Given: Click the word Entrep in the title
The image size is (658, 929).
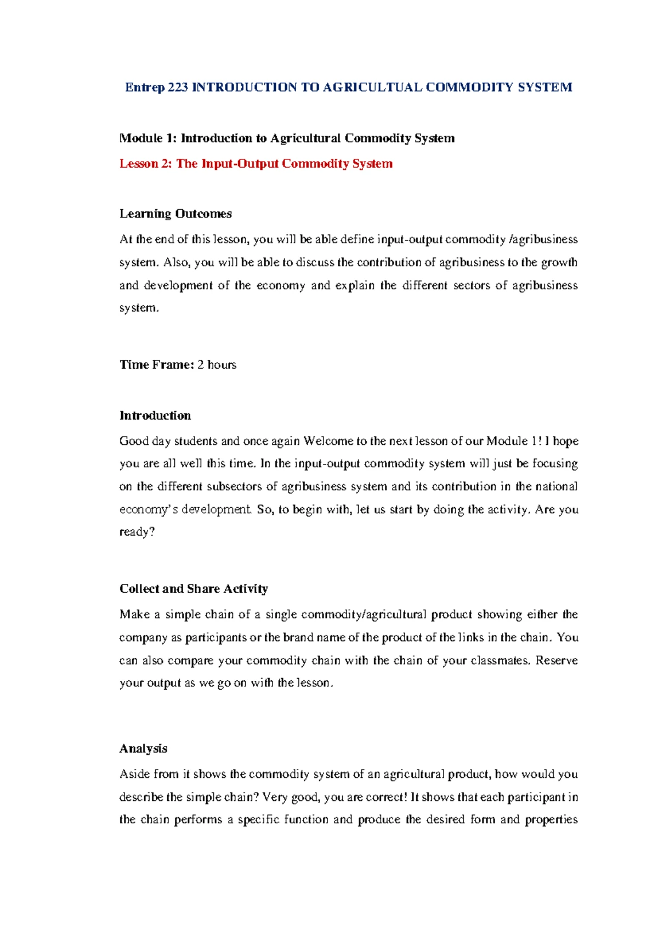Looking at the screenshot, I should click(145, 88).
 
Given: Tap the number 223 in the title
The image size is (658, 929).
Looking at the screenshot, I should click(178, 88).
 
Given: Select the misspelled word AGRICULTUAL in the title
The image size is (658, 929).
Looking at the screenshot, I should click(372, 88).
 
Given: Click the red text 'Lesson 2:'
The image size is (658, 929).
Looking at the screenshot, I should click(145, 164).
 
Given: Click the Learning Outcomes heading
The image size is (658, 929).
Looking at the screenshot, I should click(175, 214).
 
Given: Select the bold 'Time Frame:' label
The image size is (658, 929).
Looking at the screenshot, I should click(156, 365).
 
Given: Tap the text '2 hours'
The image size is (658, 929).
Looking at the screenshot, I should click(217, 365).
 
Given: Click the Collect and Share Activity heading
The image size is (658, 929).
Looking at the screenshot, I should click(194, 589).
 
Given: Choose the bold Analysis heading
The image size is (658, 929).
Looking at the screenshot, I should click(143, 749).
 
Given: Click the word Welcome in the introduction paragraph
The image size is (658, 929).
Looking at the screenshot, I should click(328, 441).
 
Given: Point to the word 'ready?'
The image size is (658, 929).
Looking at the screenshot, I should click(137, 532).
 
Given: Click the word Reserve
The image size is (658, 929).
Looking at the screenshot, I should click(557, 661).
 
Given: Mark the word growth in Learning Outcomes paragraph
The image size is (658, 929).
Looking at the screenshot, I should click(559, 262).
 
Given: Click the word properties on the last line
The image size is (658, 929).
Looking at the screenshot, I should click(551, 820).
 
